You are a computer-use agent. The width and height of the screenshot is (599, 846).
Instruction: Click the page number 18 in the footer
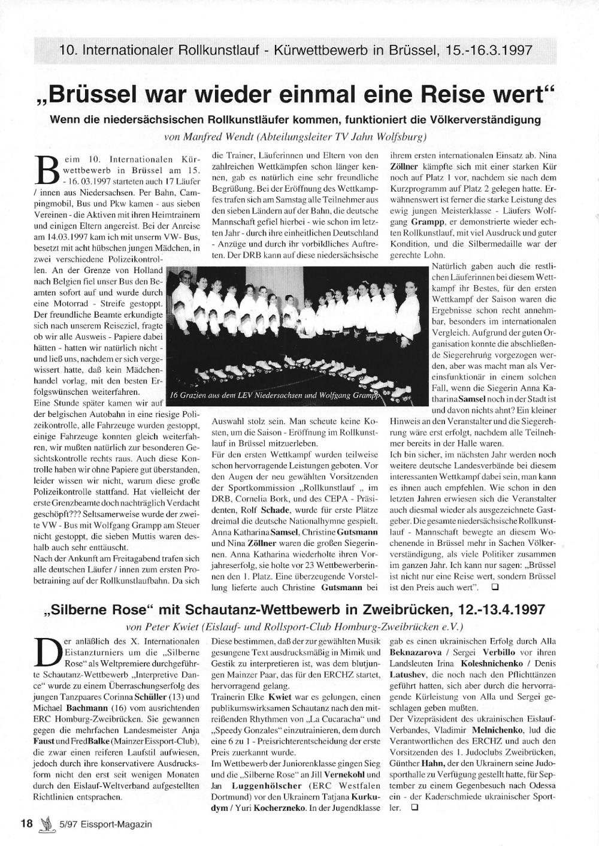coord(26,823)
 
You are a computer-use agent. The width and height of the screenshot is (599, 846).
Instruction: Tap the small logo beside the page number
coord(44,823)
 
